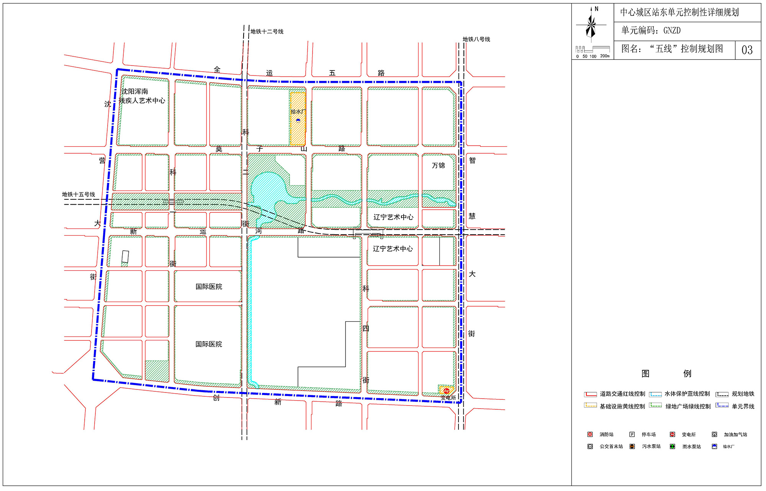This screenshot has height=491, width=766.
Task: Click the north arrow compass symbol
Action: click(x=591, y=24)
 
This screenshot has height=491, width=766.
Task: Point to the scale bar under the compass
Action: click(x=593, y=49)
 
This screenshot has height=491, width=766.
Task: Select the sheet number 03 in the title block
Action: click(x=747, y=50)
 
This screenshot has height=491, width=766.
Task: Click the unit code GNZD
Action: click(x=672, y=31)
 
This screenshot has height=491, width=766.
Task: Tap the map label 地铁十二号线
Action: click(x=267, y=31)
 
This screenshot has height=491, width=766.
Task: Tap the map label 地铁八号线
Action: click(x=476, y=39)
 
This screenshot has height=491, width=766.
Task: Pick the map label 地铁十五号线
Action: click(x=79, y=194)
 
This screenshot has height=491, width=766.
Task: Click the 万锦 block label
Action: click(x=439, y=166)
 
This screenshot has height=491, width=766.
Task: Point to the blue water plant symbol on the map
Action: click(x=298, y=120)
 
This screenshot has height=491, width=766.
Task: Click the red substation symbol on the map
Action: click(x=446, y=391)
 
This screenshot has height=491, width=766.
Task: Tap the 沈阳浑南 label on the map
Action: click(x=135, y=92)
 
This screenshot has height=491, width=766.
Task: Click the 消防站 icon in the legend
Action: click(x=590, y=434)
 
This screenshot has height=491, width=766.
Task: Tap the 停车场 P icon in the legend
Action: click(x=632, y=434)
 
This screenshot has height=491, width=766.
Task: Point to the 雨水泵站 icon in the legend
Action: click(x=672, y=447)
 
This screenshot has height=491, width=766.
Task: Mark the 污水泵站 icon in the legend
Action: click(x=632, y=447)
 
